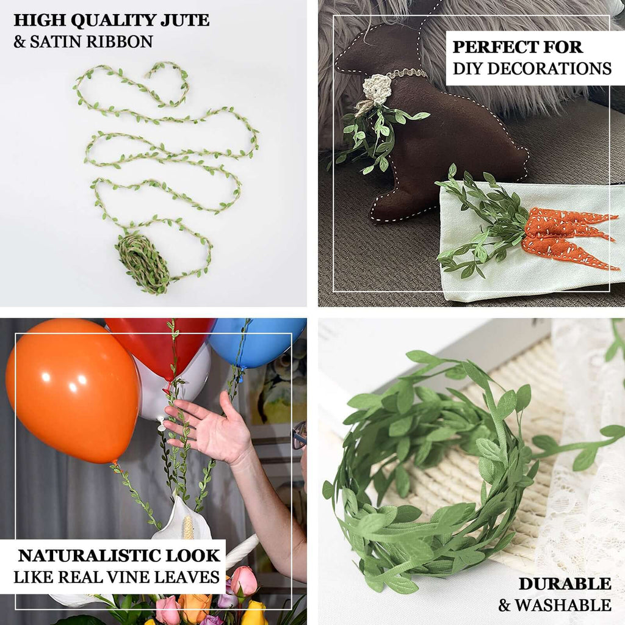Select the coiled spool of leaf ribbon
coord(142,262)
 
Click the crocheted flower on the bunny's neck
coord(377,89)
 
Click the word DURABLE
coord(565,584)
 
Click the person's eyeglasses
coord(298,435)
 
